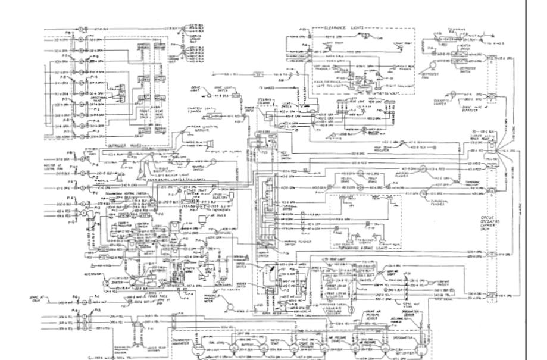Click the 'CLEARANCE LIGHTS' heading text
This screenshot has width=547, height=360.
coord(341,27)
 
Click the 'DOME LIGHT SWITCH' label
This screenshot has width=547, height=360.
coord(221,87)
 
